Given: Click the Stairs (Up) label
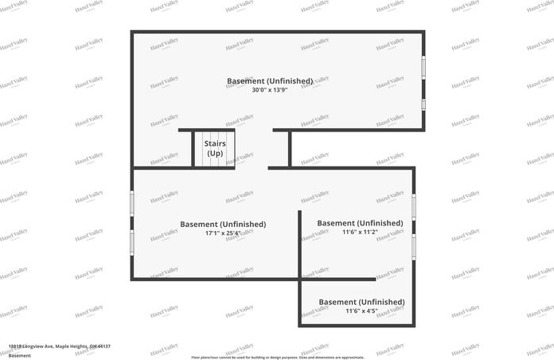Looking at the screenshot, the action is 215,147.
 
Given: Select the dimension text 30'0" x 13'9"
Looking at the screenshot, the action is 269,90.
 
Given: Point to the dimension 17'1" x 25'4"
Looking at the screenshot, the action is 223,233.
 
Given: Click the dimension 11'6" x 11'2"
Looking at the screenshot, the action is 360,232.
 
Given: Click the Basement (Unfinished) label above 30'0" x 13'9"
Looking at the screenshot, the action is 269,80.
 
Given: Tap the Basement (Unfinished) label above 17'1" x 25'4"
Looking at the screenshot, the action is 223,224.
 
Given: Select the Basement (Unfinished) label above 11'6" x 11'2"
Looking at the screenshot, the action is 360,222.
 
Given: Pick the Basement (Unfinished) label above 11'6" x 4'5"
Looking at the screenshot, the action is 361,302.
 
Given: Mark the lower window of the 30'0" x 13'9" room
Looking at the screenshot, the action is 423,104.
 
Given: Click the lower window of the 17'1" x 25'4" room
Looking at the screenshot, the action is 132,242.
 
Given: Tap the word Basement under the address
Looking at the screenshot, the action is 19,354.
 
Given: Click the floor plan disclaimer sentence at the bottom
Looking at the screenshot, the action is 277,358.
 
